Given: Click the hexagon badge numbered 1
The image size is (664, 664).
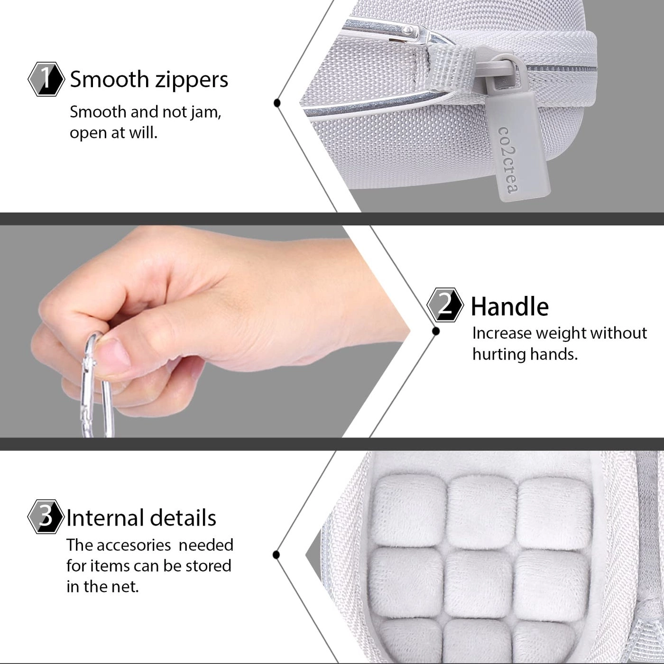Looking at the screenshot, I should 46,79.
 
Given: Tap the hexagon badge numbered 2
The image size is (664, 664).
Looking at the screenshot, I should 445,305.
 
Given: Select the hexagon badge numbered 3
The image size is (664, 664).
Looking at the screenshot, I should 46,516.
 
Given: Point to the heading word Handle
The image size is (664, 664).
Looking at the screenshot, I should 509,307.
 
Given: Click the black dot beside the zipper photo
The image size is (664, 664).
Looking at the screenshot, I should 277,102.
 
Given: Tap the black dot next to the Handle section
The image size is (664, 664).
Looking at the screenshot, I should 435,331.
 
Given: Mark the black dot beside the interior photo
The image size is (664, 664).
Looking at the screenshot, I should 277,554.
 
